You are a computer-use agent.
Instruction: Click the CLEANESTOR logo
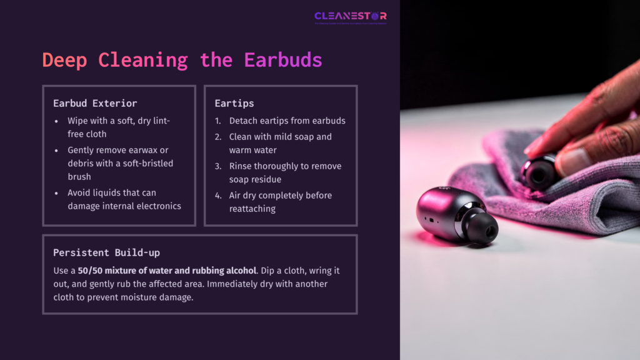(350, 16)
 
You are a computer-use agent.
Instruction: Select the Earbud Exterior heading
(95, 103)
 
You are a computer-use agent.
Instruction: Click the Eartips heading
(234, 103)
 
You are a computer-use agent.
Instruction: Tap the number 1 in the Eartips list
(217, 121)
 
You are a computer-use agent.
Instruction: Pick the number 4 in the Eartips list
(217, 196)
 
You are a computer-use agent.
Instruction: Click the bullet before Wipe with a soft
(57, 121)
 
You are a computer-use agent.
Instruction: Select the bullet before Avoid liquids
(57, 192)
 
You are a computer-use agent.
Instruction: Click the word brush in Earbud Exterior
(80, 176)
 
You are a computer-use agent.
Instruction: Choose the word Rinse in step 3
(242, 166)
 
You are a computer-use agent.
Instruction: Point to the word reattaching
(252, 209)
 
